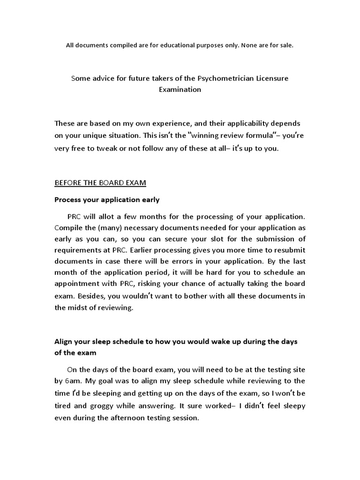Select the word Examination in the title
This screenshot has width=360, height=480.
(x=180, y=89)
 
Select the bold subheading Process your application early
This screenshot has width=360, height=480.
(x=107, y=200)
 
